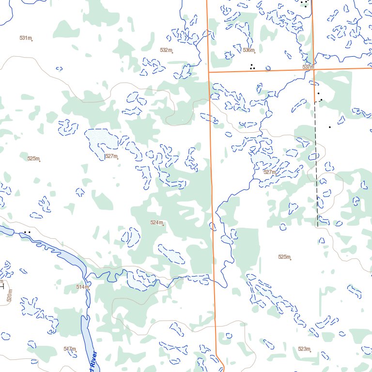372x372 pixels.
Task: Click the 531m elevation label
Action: tap(26, 38)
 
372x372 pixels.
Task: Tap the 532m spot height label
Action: tap(166, 50)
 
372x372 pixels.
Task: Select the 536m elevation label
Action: tap(248, 50)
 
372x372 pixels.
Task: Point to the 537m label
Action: tap(308, 67)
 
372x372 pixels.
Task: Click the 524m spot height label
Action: tap(156, 222)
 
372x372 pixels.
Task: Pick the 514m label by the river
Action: tap(82, 287)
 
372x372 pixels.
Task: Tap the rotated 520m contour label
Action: tap(9, 295)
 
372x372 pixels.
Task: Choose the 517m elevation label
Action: tap(69, 349)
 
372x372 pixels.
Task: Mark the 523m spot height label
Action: tap(304, 349)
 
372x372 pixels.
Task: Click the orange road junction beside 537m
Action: tap(314, 69)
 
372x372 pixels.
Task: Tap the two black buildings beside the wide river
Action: tap(27, 232)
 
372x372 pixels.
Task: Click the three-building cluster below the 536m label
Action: tap(252, 66)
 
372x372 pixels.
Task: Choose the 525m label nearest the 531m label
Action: tap(33, 158)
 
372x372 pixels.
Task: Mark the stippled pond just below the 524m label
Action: tap(172, 254)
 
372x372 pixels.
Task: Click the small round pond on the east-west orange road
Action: tap(268, 69)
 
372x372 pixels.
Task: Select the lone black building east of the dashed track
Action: tap(330, 127)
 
